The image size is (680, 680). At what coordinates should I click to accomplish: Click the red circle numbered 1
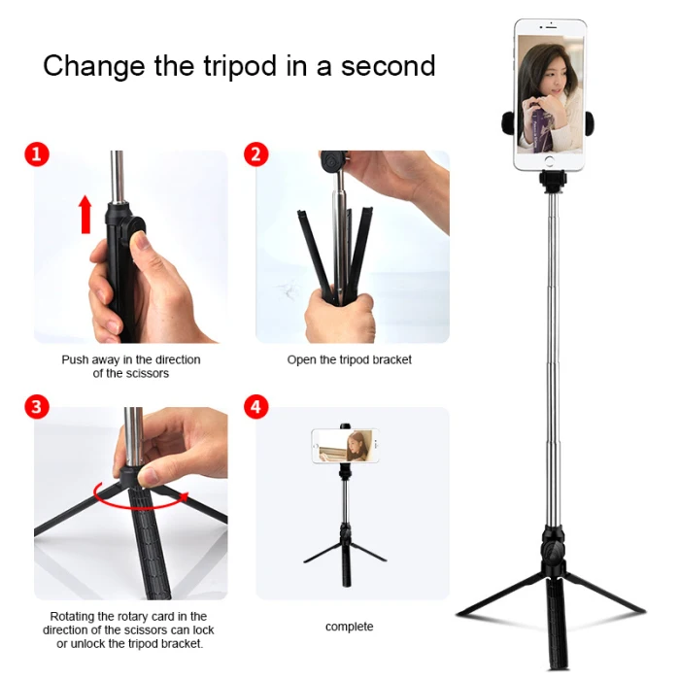point(37,154)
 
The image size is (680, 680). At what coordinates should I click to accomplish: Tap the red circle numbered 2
point(255,154)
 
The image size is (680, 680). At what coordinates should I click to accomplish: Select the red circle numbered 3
point(37,407)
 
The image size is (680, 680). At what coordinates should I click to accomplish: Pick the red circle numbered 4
point(255,407)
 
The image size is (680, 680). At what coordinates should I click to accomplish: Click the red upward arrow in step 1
point(85,215)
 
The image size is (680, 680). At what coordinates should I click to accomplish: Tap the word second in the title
point(388,66)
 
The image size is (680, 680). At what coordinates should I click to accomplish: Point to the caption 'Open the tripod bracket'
point(349,359)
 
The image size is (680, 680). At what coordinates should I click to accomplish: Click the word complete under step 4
point(349,627)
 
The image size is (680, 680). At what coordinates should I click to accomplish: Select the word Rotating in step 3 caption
point(73,616)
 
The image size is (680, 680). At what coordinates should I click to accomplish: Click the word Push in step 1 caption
point(75,359)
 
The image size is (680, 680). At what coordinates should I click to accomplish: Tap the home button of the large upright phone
point(550,162)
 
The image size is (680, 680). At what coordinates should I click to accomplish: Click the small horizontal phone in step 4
point(345,446)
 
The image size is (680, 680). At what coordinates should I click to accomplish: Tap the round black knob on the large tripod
point(553,551)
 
